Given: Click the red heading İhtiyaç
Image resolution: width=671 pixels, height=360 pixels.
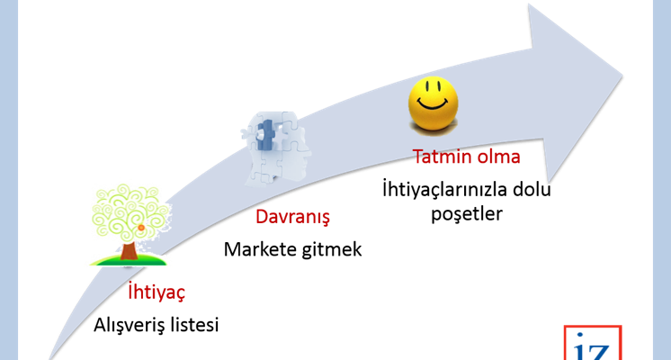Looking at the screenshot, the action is [x=157, y=292].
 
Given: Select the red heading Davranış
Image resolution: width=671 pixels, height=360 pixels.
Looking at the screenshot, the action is [x=292, y=217].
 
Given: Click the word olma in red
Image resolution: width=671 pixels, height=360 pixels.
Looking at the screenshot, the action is [x=497, y=157].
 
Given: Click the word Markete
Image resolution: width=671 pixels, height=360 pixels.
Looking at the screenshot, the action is [x=261, y=249].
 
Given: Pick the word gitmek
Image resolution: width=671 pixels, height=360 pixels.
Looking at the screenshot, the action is [x=332, y=250].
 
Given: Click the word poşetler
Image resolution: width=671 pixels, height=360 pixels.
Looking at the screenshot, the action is [x=467, y=214].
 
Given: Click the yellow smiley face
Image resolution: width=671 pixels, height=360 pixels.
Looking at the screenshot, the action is [x=433, y=103].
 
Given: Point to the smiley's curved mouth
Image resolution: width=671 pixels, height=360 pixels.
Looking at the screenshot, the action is [x=433, y=104].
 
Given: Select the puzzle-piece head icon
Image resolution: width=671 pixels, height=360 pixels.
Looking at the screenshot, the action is [x=276, y=148].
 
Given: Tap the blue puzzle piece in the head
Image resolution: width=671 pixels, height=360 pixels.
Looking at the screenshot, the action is [x=265, y=134].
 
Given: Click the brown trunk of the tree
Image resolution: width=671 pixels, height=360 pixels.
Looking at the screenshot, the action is [x=129, y=251].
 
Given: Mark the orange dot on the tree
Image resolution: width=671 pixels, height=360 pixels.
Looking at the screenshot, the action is [x=141, y=228].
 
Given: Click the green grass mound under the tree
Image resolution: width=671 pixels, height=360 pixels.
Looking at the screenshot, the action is [x=128, y=260].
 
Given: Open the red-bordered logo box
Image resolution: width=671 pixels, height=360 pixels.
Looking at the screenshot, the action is [x=593, y=342].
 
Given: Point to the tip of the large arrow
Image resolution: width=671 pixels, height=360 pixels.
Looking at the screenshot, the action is [x=622, y=76].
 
